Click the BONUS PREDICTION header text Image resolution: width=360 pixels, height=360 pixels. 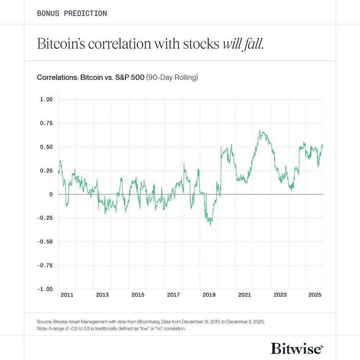coord(72,13)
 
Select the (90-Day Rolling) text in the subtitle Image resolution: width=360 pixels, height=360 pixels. coord(172,77)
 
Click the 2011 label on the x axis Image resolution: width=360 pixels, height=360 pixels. coord(67,295)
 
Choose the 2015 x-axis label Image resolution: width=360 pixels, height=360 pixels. coord(138,295)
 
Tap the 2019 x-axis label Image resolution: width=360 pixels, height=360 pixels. coord(209,295)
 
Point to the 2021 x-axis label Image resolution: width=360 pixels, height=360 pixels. coord(244,295)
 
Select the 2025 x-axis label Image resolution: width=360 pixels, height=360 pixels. coord(315,295)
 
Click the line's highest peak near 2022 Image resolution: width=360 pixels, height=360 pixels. coord(260,130)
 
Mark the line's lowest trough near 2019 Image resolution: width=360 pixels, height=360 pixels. coord(211,225)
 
